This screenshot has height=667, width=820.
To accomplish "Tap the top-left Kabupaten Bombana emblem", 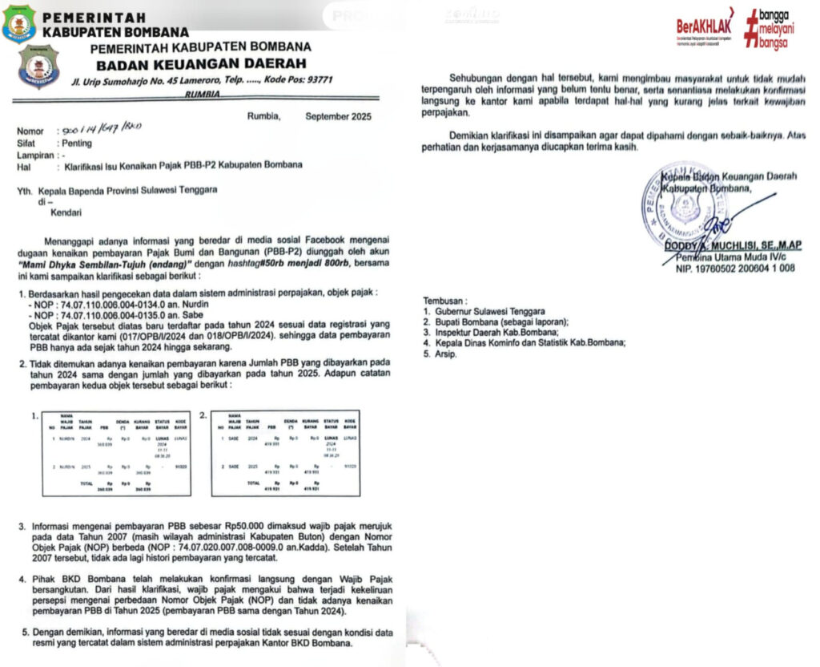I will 18,22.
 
